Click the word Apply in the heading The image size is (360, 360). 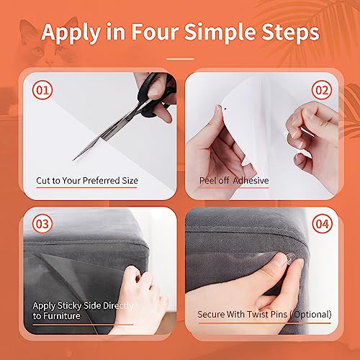(x=72, y=32)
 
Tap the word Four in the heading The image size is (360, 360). (x=153, y=32)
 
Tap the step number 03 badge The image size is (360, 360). (x=42, y=225)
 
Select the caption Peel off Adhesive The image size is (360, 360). (x=234, y=180)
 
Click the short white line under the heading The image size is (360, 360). (x=179, y=58)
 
